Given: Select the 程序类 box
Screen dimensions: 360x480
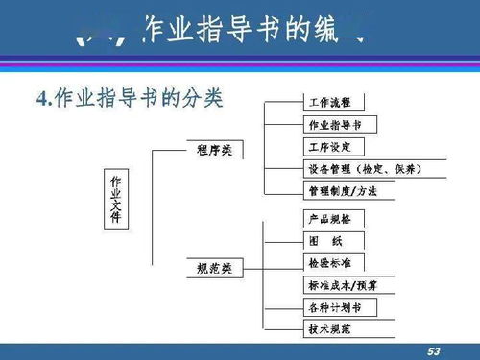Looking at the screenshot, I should click(213, 150).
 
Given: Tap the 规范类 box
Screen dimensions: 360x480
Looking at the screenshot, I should click(213, 267).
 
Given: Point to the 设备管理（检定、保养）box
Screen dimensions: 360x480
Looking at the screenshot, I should click(364, 169).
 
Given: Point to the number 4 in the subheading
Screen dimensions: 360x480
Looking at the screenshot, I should click(42, 98).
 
